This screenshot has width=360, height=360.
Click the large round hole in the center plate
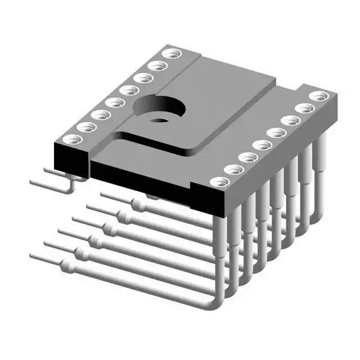coord(159,105)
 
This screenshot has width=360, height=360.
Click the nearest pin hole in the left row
coord(70,139)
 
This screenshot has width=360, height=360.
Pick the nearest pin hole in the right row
coord(219,183)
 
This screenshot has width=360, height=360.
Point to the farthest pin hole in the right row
coord(319,96)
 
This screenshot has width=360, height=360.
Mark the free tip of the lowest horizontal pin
coord(33,257)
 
